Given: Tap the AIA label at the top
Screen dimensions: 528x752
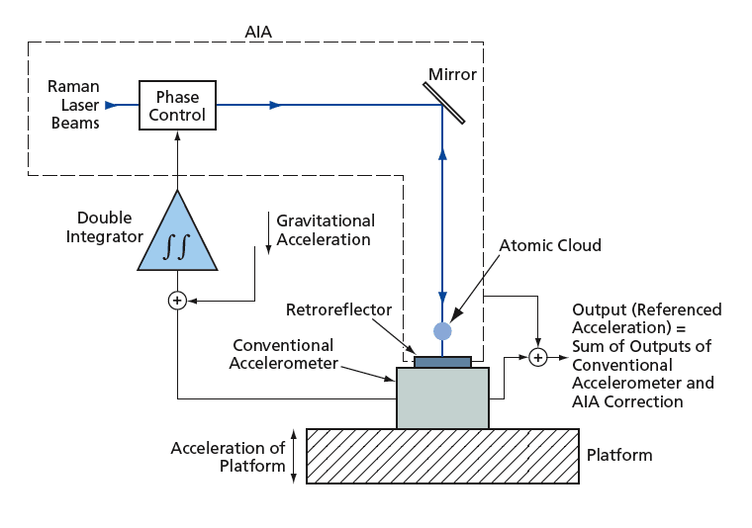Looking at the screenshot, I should [x=257, y=32].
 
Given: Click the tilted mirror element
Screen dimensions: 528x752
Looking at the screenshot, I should [x=444, y=102].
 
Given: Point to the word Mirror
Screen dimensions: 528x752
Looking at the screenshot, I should [x=452, y=74].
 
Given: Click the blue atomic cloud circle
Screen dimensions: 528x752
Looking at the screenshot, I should [x=442, y=330].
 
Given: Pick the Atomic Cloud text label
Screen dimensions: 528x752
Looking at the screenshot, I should [x=550, y=245].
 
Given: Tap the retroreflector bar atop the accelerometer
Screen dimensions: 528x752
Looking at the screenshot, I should [x=442, y=361].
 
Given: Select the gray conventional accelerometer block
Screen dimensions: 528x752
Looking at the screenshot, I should [x=442, y=397].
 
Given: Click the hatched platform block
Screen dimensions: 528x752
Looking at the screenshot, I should [x=442, y=456].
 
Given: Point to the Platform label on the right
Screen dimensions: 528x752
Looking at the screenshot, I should [x=619, y=456].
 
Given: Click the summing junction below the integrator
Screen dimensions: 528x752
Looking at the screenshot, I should [x=177, y=300].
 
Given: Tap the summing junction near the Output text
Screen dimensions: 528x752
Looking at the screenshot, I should [x=537, y=355].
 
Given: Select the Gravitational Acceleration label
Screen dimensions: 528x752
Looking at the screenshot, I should [x=325, y=230].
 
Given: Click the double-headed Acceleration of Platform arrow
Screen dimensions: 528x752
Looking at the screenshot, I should [x=296, y=456].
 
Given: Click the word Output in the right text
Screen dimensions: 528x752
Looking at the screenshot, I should [x=598, y=309].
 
